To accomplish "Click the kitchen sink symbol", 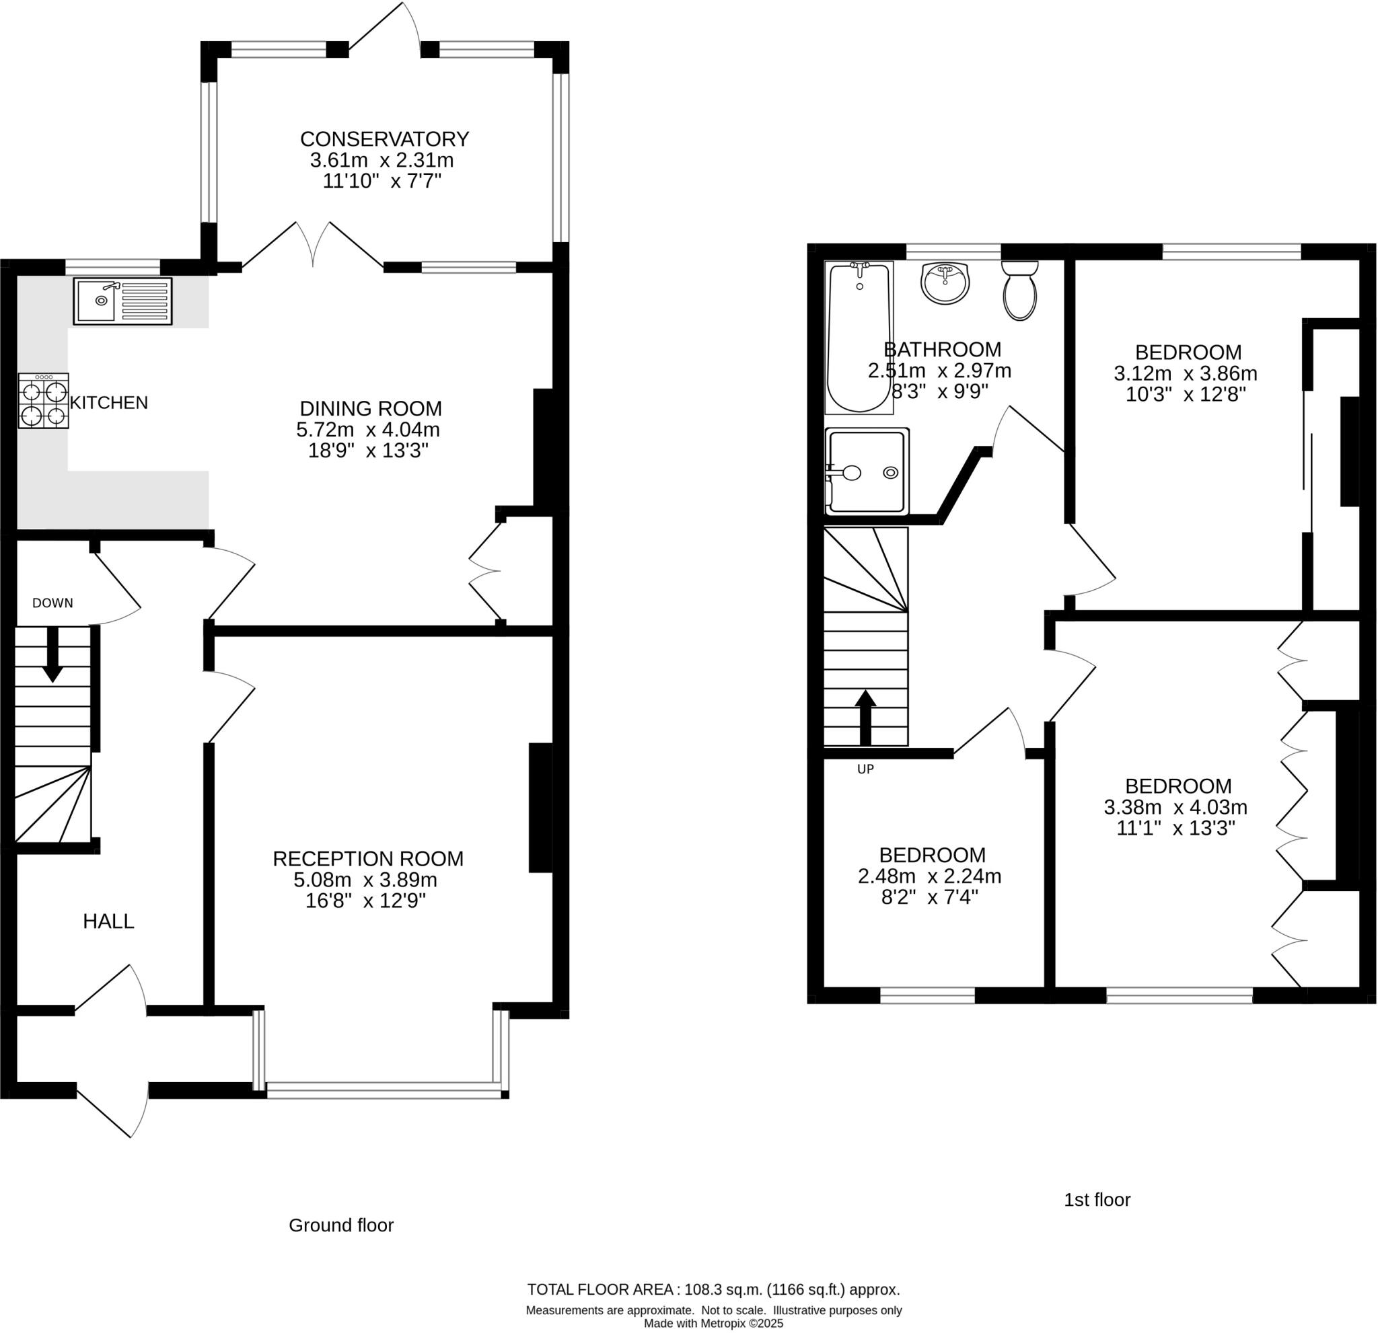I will (x=122, y=301).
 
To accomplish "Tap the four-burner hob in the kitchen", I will (x=44, y=401).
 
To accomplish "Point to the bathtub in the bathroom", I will (x=859, y=338).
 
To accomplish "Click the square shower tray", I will (x=867, y=471).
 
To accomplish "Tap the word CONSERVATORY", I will (x=385, y=139).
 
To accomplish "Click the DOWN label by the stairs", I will (x=52, y=603).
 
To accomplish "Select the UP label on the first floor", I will (x=865, y=769).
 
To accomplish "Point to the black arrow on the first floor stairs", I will (x=865, y=717).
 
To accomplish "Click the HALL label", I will (x=108, y=922).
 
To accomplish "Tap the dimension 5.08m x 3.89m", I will (x=365, y=880).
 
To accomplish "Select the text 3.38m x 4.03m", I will (x=1175, y=807).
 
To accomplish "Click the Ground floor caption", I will (x=341, y=1225).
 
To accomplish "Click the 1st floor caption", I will (x=1097, y=1199).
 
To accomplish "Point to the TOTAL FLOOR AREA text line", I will (x=714, y=1290).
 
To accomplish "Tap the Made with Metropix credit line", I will (x=714, y=1324).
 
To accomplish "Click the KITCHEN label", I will (x=109, y=404).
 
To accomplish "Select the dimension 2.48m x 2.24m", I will (x=929, y=876).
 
